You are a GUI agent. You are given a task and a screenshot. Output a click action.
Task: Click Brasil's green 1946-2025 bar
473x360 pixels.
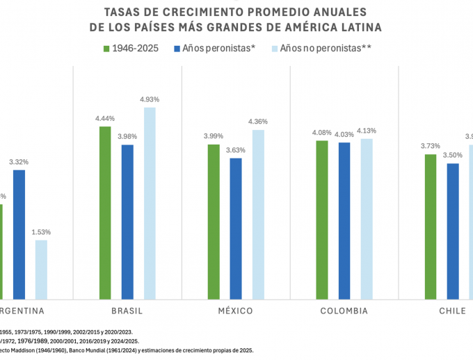click(105, 213)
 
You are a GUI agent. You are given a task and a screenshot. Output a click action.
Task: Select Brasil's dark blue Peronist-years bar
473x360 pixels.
click(127, 222)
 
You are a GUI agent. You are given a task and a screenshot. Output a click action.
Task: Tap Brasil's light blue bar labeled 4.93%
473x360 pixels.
click(150, 203)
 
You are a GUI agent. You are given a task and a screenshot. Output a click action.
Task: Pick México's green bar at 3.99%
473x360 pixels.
click(214, 222)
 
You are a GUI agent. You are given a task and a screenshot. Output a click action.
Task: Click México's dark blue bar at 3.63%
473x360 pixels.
click(236, 229)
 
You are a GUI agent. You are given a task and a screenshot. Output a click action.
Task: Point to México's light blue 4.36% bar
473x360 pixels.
click(258, 214)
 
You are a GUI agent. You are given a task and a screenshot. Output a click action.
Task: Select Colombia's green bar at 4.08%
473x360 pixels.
click(322, 220)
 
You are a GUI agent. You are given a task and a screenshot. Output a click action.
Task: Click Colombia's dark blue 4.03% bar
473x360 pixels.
click(344, 220)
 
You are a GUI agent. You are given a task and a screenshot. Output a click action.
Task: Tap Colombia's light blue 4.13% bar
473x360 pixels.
click(367, 219)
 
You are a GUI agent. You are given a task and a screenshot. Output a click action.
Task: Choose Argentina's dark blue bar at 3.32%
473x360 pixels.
click(19, 234)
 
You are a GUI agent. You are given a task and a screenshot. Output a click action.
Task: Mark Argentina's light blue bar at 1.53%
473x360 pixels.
click(41, 270)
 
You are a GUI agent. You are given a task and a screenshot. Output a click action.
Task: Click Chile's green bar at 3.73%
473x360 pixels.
click(431, 227)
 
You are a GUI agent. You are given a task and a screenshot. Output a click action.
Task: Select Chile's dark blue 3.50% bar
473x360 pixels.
click(453, 231)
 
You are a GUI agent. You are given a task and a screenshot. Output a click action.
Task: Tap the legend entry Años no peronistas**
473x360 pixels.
click(320, 49)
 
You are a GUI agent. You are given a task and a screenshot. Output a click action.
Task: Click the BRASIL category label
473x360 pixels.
click(127, 311)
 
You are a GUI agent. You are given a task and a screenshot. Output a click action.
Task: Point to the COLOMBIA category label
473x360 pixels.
click(344, 311)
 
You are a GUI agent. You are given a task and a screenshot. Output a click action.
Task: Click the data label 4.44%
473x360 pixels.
click(105, 118)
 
